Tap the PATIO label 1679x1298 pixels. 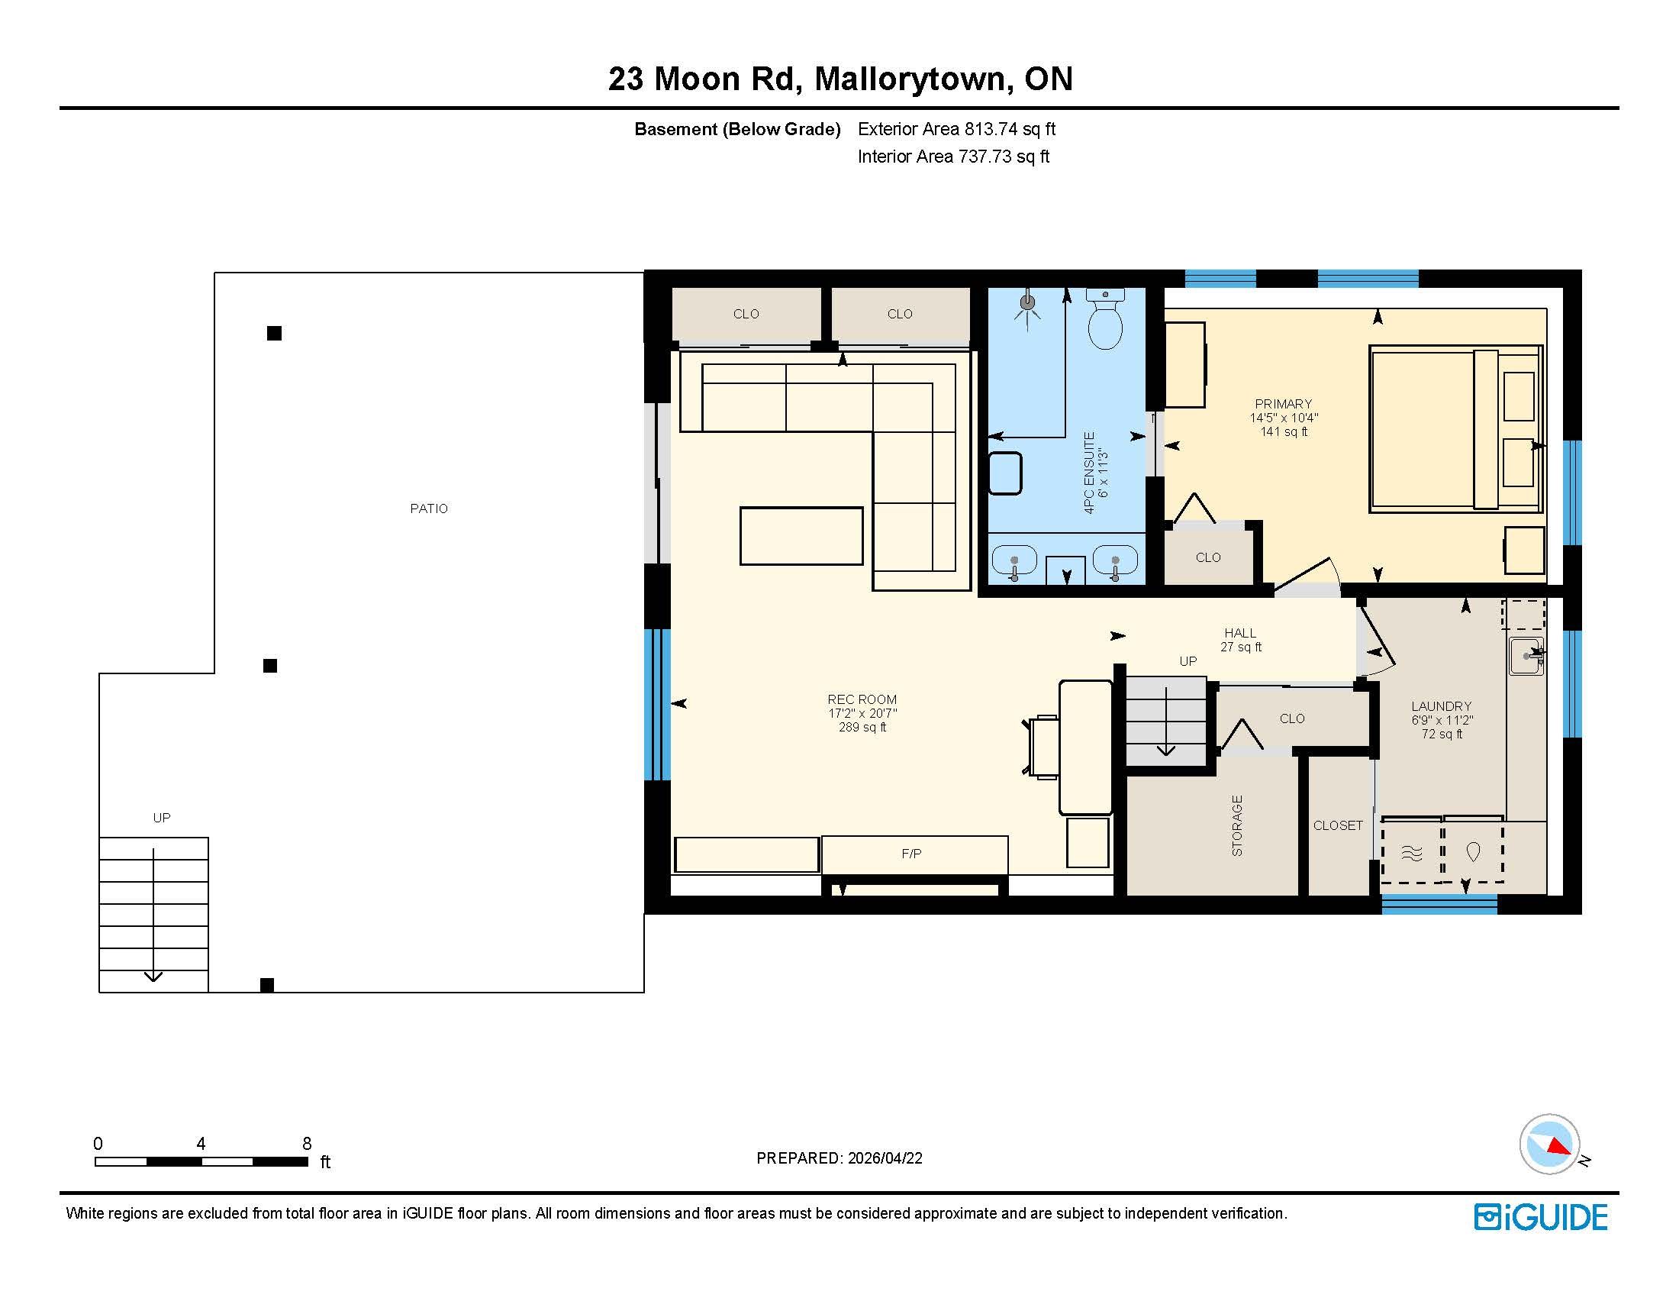tap(429, 509)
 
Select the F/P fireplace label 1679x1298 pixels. tap(911, 854)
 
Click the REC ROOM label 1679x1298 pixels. tap(862, 699)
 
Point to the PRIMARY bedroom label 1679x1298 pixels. tap(1283, 404)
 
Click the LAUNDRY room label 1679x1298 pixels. tap(1442, 706)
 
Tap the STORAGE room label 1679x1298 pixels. tap(1237, 826)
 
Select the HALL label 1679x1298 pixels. tap(1240, 633)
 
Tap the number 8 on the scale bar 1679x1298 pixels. tap(307, 1144)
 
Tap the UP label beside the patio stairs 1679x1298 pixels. tap(162, 818)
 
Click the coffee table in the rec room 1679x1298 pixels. tap(801, 536)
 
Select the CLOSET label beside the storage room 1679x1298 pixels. tap(1338, 825)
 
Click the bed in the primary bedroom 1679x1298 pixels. tap(1455, 429)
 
